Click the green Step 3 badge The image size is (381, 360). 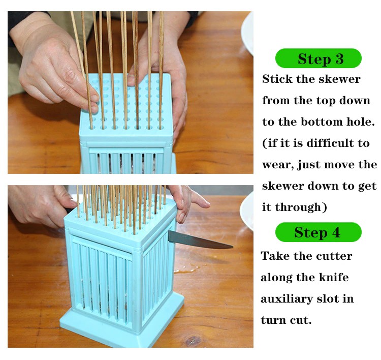(319, 58)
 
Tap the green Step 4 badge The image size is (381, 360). (319, 232)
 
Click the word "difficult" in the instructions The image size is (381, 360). (331, 143)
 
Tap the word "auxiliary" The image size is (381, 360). (287, 299)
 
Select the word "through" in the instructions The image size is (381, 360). (298, 207)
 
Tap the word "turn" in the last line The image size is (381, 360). (273, 320)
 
